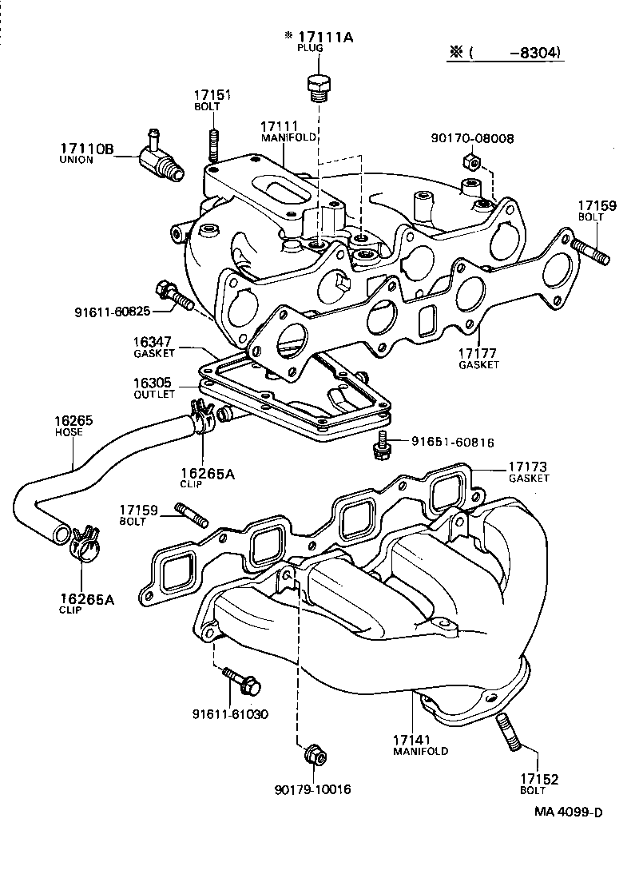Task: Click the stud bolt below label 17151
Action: tap(213, 143)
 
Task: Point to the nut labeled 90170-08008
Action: tap(470, 163)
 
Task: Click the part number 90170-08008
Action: tap(471, 138)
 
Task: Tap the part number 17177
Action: tap(478, 352)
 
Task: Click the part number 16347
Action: tap(151, 341)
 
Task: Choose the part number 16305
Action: tap(151, 383)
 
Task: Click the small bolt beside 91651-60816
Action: tap(382, 444)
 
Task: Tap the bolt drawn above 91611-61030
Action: tap(242, 681)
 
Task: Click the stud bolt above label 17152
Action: tap(511, 733)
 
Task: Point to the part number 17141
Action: tap(419, 739)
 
